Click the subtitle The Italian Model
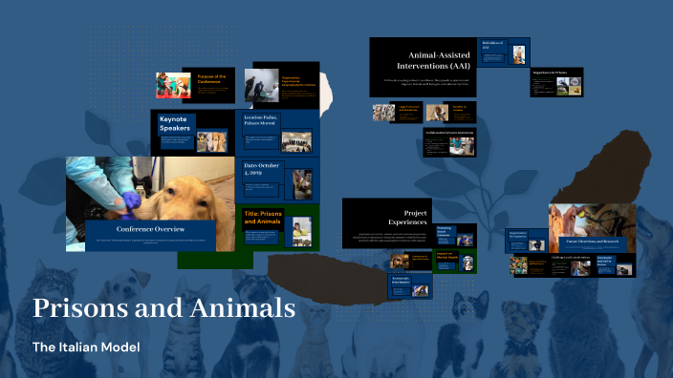coord(86,346)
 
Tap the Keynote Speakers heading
coord(176,124)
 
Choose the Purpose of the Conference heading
coord(211,77)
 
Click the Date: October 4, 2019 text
coord(262,170)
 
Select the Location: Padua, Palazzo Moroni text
coord(267,120)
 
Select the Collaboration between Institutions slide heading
coord(448,132)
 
